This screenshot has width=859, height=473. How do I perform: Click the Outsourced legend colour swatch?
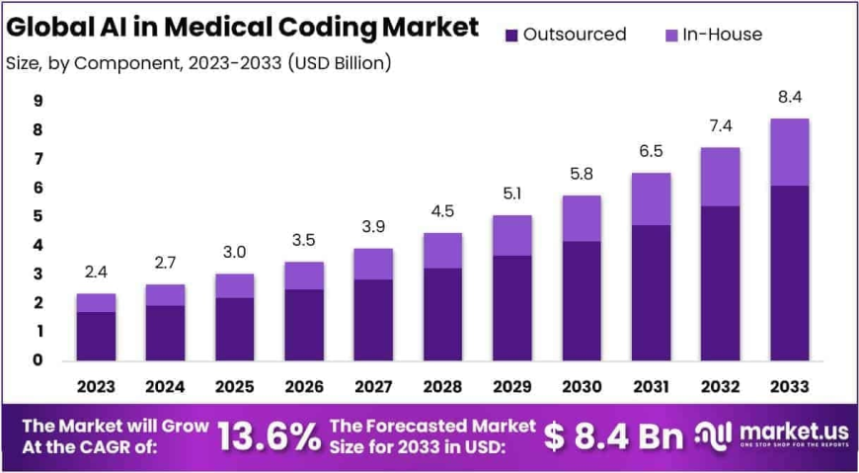(x=510, y=36)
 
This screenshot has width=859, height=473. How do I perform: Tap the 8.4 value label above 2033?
(x=789, y=97)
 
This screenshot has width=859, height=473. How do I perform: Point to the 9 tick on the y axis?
(x=37, y=101)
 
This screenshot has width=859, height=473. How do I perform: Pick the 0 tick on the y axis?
(x=37, y=360)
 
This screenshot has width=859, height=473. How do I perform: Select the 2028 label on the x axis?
(x=442, y=385)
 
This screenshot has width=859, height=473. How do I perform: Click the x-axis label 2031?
(x=651, y=385)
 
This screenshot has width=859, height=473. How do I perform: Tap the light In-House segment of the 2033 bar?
(x=789, y=152)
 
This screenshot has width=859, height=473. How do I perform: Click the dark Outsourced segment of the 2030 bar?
(x=582, y=300)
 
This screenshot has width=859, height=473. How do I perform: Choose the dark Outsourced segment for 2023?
(x=96, y=336)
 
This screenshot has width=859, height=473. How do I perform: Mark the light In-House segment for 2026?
(x=303, y=276)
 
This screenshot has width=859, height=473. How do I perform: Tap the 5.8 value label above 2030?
(x=582, y=174)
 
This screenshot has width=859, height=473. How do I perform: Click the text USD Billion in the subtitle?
(x=341, y=63)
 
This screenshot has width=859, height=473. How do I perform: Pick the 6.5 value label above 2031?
(x=651, y=152)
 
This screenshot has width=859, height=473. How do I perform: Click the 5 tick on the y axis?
(x=37, y=216)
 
